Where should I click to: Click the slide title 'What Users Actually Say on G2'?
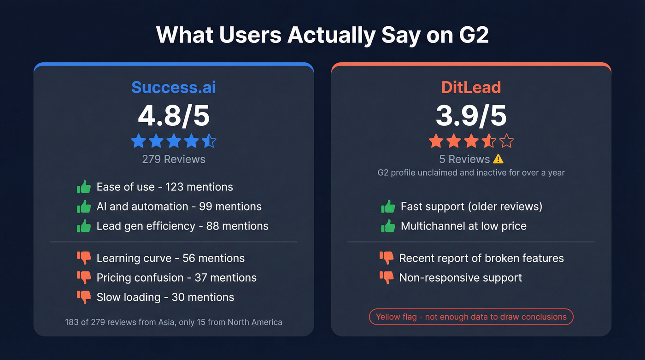point(322,35)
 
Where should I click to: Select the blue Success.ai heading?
point(174,87)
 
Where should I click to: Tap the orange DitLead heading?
point(471,87)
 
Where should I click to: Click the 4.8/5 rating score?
point(174,116)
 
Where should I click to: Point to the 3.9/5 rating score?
point(471,116)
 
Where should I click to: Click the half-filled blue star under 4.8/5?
point(209,141)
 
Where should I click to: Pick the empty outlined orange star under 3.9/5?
point(506,141)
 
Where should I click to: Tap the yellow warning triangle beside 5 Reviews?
point(498,159)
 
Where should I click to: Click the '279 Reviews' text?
point(174,159)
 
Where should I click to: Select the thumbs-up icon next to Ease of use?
point(84,187)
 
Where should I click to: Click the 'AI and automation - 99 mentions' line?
point(179,207)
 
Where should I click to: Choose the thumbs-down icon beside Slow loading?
point(84,297)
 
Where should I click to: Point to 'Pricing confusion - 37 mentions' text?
point(176,277)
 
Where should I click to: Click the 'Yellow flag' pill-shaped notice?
point(471,317)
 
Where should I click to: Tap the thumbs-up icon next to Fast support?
point(388,207)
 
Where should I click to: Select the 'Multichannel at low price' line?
point(463,226)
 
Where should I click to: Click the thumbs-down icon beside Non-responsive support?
point(387,277)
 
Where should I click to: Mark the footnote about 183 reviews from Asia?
point(174,322)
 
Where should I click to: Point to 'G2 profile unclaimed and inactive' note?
point(471,173)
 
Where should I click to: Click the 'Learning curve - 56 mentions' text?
point(170,258)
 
